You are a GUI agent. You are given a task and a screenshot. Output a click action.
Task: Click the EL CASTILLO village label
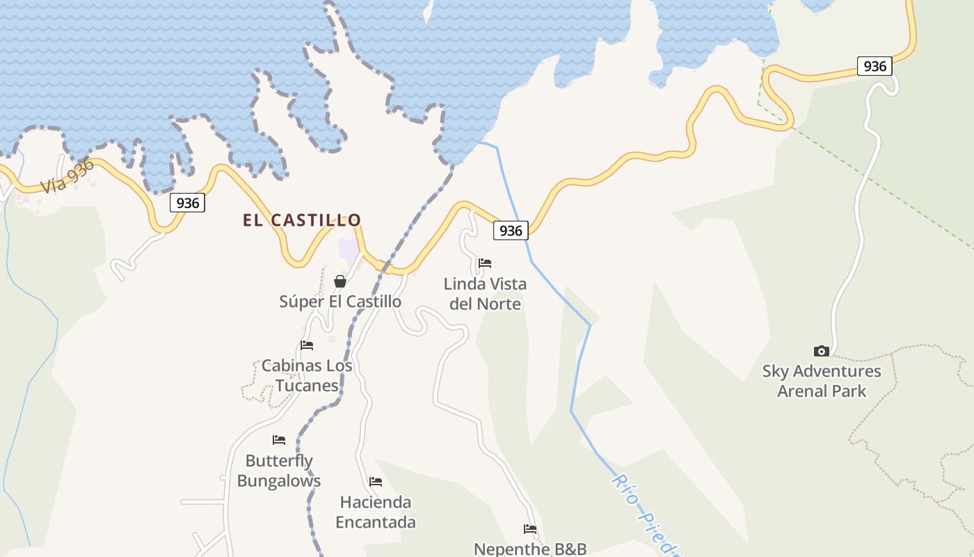tap(302, 221)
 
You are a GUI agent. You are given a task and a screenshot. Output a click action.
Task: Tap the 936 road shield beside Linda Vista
tap(511, 230)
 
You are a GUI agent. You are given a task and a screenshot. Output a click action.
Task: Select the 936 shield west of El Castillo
tap(187, 203)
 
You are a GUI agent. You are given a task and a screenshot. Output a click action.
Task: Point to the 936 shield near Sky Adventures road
tap(875, 66)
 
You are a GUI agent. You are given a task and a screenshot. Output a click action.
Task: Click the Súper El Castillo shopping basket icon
tap(340, 281)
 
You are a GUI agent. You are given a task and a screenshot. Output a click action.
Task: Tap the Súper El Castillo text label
tap(340, 301)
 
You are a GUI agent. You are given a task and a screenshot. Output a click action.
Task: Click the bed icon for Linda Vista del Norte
tap(485, 263)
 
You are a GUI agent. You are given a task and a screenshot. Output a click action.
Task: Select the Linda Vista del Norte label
tap(485, 294)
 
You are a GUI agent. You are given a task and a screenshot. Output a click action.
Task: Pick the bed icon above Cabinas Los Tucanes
tap(307, 345)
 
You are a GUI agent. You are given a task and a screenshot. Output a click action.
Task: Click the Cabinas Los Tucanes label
tap(307, 375)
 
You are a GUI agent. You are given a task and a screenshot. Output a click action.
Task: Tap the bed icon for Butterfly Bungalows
tap(279, 440)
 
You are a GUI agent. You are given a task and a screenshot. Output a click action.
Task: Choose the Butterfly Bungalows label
tap(279, 471)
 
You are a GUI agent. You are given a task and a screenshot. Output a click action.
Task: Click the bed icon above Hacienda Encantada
tap(376, 482)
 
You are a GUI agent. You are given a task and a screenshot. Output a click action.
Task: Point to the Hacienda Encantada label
tap(376, 512)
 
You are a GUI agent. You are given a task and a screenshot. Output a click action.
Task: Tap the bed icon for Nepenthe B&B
tap(530, 529)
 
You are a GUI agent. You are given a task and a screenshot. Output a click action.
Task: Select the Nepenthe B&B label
tap(530, 549)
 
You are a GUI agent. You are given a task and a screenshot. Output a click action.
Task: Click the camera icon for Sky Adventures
tap(822, 352)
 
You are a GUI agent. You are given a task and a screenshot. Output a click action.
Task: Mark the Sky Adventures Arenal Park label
tap(822, 381)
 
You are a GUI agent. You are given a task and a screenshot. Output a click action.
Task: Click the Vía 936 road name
tap(67, 175)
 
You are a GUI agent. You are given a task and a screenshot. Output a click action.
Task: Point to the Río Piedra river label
tap(644, 515)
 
